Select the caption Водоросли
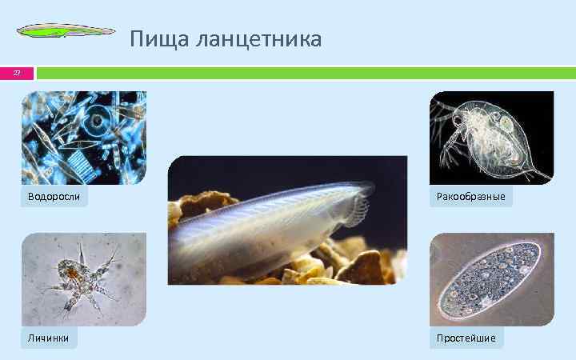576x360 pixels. click(54, 196)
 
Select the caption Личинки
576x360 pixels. click(48, 338)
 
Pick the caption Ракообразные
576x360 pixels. click(470, 196)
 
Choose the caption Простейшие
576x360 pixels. click(466, 338)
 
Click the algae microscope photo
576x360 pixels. click(83, 137)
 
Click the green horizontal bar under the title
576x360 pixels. click(304, 73)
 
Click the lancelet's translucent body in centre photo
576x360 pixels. click(264, 232)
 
